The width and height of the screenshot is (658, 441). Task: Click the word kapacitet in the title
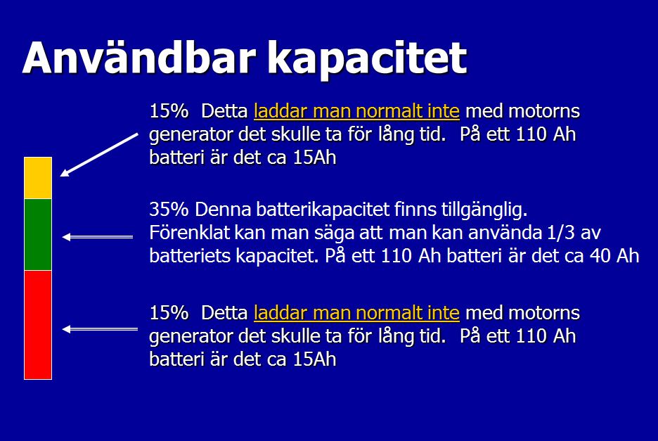coord(367,60)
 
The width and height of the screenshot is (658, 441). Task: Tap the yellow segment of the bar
coord(38,178)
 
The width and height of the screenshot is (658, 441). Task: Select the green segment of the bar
coord(38,234)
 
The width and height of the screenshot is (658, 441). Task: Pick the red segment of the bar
coord(38,325)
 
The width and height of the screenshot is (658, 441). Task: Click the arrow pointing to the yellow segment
coord(99,155)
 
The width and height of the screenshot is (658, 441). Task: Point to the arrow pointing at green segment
coord(98,237)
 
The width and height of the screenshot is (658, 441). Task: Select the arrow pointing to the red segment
coord(100,329)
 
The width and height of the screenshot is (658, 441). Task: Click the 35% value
coord(169,209)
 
